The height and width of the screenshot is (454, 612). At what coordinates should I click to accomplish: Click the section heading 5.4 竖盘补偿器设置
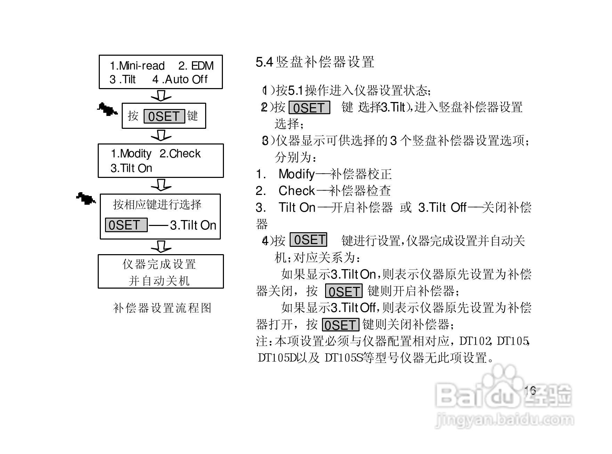315,62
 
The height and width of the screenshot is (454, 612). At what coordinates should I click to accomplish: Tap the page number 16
530,390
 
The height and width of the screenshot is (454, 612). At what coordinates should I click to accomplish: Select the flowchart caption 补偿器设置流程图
162,308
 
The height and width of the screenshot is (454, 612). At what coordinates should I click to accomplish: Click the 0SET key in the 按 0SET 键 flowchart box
164,116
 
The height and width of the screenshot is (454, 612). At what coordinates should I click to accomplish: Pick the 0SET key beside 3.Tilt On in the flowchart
126,225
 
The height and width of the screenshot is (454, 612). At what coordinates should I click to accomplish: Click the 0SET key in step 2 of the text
309,108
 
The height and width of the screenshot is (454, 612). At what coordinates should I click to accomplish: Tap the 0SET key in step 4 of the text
308,240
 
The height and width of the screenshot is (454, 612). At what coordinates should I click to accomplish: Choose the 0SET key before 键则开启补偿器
344,291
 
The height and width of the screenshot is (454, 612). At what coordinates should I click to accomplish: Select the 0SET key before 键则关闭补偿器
340,325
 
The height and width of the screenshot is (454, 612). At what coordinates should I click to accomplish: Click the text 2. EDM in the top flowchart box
196,66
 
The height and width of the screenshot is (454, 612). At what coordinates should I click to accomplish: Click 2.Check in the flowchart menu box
180,154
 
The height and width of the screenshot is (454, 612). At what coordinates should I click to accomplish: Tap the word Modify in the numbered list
297,174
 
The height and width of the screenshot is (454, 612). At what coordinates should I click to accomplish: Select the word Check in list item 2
297,190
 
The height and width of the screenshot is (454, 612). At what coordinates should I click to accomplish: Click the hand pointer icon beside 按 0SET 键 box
107,109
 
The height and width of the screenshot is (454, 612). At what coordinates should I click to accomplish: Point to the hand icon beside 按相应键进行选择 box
86,198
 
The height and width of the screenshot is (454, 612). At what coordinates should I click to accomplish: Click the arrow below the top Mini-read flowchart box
161,96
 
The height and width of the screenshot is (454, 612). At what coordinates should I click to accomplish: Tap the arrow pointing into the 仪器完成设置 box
161,246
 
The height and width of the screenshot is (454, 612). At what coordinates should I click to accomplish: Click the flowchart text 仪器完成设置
159,264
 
